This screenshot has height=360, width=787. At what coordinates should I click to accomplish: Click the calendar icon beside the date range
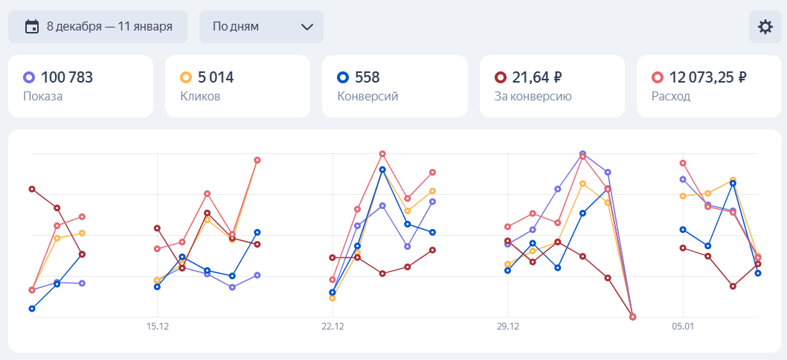pyautogui.click(x=32, y=27)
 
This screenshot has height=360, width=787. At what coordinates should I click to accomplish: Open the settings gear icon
pyautogui.click(x=765, y=27)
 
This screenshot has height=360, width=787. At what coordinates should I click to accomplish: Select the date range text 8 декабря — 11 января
pyautogui.click(x=109, y=27)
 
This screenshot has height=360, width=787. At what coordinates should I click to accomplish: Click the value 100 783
pyautogui.click(x=67, y=77)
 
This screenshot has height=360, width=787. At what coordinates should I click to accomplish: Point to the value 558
pyautogui.click(x=367, y=77)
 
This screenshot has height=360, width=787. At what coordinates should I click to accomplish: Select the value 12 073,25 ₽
pyautogui.click(x=707, y=77)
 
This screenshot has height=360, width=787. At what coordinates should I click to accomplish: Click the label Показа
pyautogui.click(x=43, y=97)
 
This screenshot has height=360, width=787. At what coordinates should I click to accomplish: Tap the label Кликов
pyautogui.click(x=200, y=97)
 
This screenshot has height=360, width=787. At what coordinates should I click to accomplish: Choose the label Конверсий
pyautogui.click(x=368, y=97)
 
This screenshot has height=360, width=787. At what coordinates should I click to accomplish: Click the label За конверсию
pyautogui.click(x=533, y=97)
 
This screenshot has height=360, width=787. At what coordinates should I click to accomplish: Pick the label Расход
pyautogui.click(x=670, y=97)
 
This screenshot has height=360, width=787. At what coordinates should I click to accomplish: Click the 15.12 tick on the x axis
pyautogui.click(x=158, y=327)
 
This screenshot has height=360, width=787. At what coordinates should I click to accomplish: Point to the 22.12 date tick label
pyautogui.click(x=333, y=327)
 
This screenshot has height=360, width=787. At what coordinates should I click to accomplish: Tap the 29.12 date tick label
pyautogui.click(x=507, y=327)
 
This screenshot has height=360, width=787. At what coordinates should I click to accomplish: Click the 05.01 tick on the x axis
pyautogui.click(x=682, y=327)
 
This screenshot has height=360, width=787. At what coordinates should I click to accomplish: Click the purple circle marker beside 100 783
pyautogui.click(x=29, y=77)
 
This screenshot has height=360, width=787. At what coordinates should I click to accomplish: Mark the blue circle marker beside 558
pyautogui.click(x=343, y=77)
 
